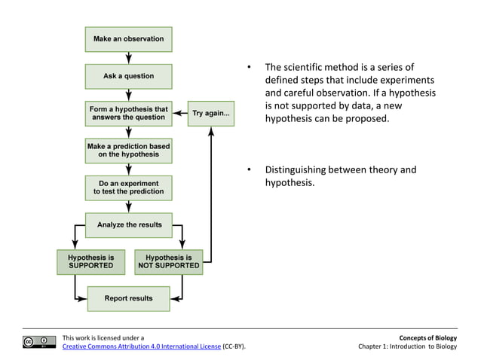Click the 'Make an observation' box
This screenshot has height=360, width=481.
(x=128, y=38)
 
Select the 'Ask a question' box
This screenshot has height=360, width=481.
(x=128, y=76)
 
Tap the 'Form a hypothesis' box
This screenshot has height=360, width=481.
(x=128, y=114)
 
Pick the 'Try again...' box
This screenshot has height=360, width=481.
(x=211, y=114)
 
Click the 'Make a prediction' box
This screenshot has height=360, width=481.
(x=128, y=150)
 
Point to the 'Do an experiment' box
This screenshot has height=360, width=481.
(x=128, y=188)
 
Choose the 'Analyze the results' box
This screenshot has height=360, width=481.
(x=128, y=224)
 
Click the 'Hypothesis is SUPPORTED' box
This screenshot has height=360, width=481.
(x=90, y=261)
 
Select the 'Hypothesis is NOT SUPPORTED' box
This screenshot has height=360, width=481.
(x=168, y=261)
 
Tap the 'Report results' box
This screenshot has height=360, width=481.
(x=128, y=298)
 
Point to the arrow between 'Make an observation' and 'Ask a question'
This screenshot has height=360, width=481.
(x=128, y=57)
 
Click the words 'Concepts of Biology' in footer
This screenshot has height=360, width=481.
(x=430, y=338)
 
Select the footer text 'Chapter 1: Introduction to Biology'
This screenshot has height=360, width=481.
(x=408, y=346)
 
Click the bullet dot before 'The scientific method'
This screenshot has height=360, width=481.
(x=248, y=69)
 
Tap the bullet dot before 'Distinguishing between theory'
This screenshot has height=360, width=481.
(x=248, y=170)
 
